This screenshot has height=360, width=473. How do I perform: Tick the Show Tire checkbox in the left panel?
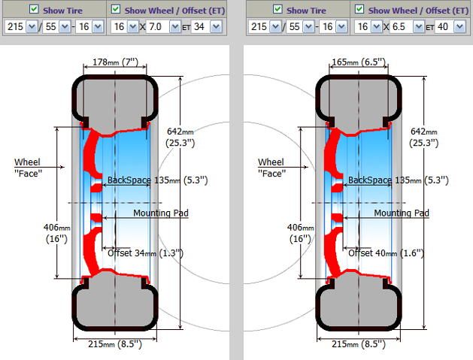coord(35,9)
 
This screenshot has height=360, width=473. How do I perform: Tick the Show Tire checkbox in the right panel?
coord(278,9)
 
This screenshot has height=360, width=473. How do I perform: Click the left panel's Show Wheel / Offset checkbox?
coord(115,9)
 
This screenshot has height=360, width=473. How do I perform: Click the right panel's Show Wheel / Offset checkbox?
coord(359,9)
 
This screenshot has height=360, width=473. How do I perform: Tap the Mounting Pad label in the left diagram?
coord(160,213)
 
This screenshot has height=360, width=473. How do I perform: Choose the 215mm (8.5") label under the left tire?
coord(115,343)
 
